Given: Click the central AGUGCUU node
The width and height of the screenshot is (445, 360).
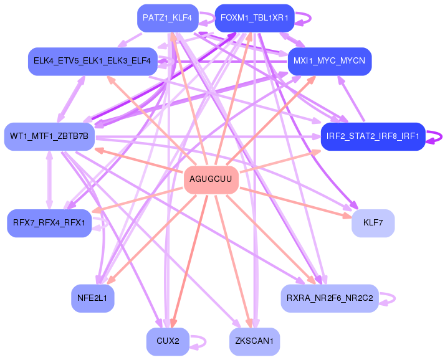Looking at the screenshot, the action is (x=211, y=179).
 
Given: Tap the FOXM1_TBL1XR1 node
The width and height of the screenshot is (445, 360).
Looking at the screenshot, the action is (x=254, y=18).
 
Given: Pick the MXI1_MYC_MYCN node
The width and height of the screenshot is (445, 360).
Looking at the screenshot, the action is (x=330, y=61).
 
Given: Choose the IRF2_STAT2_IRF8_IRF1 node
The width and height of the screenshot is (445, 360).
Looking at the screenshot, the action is (x=373, y=136).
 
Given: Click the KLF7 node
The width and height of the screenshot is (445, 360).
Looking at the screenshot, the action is (x=373, y=222).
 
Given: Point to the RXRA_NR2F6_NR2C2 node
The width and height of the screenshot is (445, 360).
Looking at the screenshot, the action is (x=329, y=298).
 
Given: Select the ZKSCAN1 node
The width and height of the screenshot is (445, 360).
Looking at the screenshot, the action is (x=254, y=341).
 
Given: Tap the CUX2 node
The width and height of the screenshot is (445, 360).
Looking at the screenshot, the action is (x=168, y=341).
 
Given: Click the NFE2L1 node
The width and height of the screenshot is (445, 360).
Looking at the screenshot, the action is (x=92, y=298).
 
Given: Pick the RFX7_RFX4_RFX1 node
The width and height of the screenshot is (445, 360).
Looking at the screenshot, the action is (x=49, y=222).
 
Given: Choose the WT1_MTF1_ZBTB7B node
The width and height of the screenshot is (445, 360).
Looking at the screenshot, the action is (x=49, y=136).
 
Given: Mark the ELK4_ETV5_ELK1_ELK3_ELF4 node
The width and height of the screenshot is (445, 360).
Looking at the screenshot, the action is (x=92, y=61).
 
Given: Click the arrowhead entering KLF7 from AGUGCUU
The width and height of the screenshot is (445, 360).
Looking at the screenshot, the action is (x=348, y=216).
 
